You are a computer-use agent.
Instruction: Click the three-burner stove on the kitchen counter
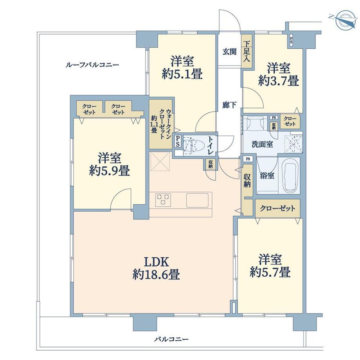click(163, 200)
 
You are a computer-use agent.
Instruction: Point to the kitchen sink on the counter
click(197, 200)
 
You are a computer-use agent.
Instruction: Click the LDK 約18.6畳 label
click(157, 268)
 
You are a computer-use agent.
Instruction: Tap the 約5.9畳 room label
click(110, 164)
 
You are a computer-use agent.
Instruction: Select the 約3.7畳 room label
click(279, 74)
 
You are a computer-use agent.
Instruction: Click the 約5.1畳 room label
click(182, 67)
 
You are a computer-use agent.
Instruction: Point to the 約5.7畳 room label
click(270, 266)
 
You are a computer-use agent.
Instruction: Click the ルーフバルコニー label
click(92, 65)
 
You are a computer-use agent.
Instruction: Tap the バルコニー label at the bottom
click(171, 339)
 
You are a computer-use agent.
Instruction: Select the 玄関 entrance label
click(229, 51)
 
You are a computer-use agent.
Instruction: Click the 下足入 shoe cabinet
click(247, 51)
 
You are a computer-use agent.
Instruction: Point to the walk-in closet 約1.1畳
click(161, 124)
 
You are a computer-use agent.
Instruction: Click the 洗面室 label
click(263, 144)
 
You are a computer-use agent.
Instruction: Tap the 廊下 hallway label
click(229, 105)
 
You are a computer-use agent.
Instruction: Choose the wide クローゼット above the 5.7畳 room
click(277, 209)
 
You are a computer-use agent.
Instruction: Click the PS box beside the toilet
click(178, 141)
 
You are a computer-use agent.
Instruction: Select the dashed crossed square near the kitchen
click(160, 161)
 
